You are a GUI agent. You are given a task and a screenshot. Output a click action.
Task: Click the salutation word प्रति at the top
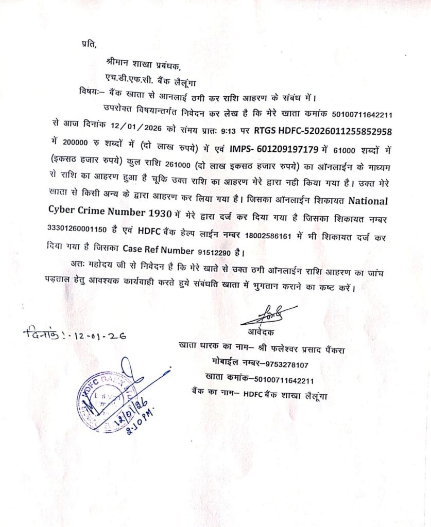coord(88,44)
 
